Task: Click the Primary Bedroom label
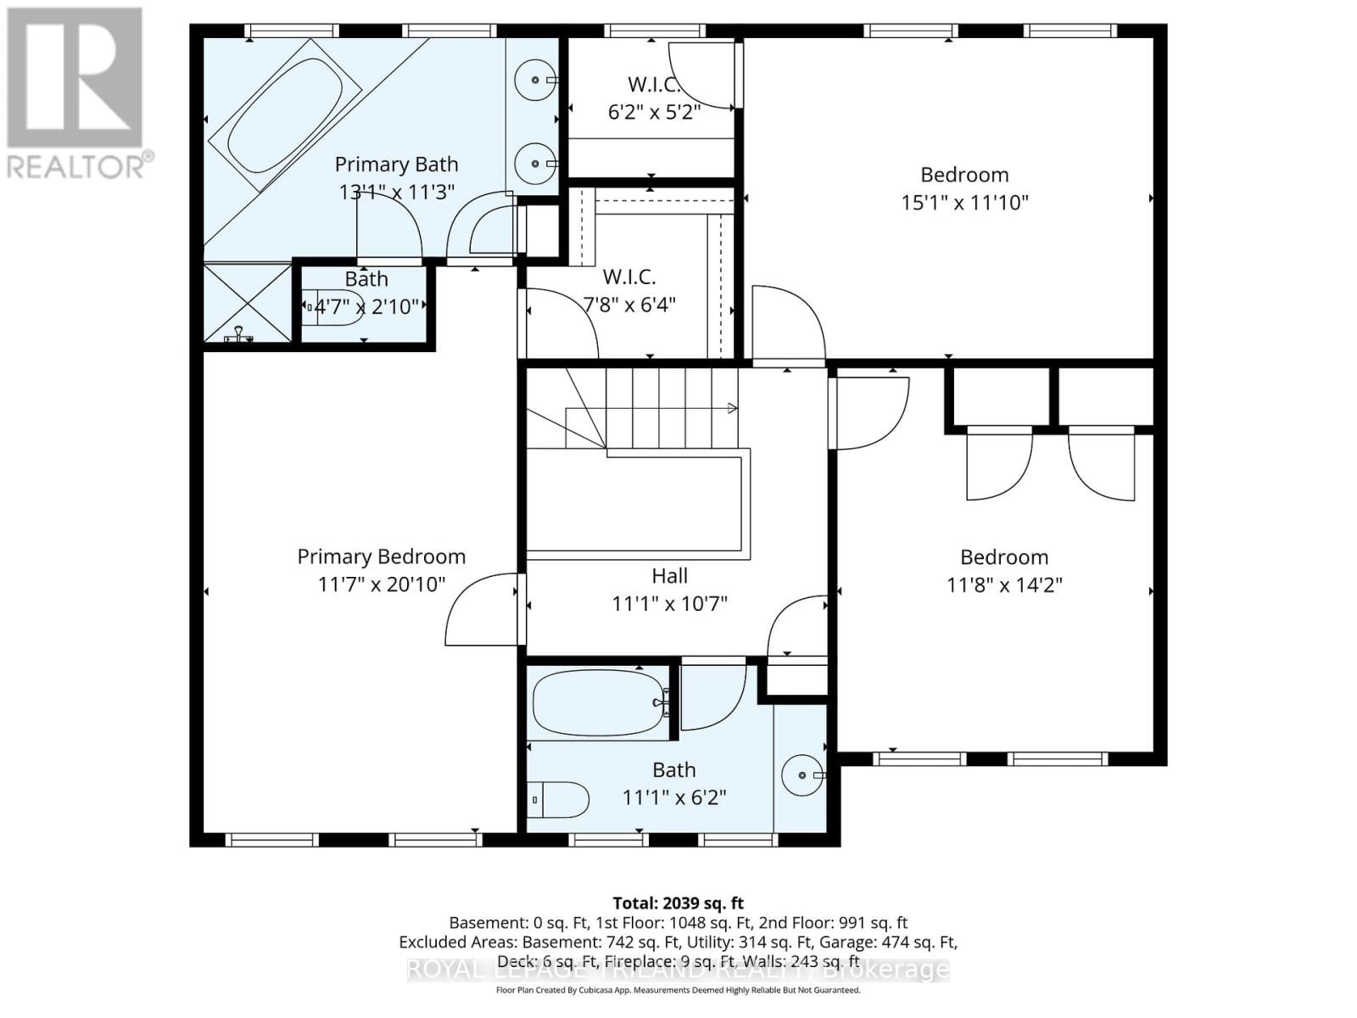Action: (x=381, y=557)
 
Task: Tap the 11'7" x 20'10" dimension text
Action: (x=381, y=585)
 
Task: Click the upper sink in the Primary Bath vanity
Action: (x=536, y=81)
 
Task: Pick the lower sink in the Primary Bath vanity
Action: (x=536, y=163)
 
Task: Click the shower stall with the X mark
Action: (x=247, y=303)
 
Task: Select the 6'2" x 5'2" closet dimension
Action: (x=654, y=112)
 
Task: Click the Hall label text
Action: (x=669, y=576)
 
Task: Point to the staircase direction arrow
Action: (x=731, y=409)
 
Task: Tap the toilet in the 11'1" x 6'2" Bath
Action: (x=560, y=799)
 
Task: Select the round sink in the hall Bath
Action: (x=801, y=775)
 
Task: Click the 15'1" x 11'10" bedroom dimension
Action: (x=964, y=202)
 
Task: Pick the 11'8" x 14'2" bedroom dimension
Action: (x=1004, y=585)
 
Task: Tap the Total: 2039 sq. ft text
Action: (x=678, y=903)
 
